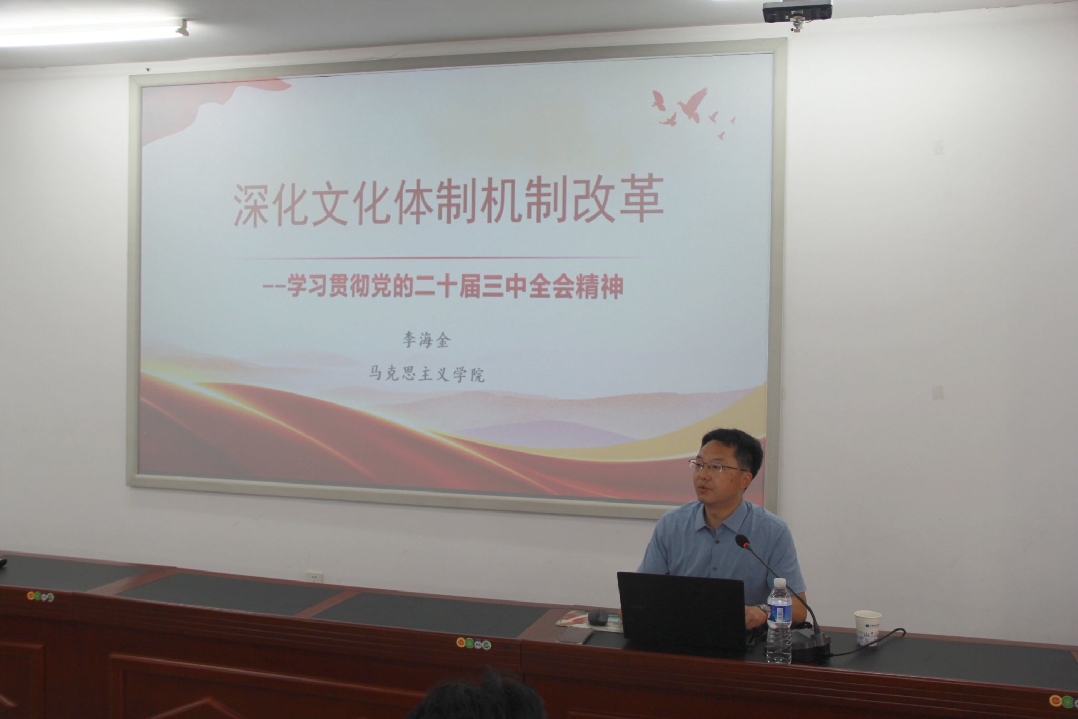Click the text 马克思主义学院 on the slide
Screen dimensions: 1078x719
point(426,375)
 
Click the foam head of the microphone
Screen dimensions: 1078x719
point(742,541)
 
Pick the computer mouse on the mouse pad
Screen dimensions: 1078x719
point(598,617)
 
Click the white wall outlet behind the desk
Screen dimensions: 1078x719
point(315,576)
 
